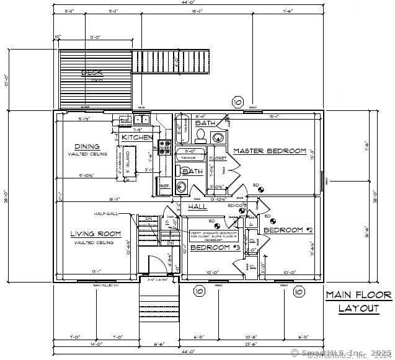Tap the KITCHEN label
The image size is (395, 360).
[x=137, y=137]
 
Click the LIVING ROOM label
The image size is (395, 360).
[x=95, y=234]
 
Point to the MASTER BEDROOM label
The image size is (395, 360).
[x=270, y=151]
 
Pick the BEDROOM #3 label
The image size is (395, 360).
[x=215, y=247]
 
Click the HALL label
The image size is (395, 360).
[x=197, y=206]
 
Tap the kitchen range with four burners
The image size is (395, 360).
[x=166, y=147]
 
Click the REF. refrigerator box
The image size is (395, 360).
[x=164, y=185]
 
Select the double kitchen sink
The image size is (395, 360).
[x=141, y=120]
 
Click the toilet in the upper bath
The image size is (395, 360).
[x=218, y=137]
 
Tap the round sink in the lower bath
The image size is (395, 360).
[x=182, y=185]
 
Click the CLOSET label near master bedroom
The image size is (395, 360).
[x=218, y=159]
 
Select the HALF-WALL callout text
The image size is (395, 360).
[x=106, y=214]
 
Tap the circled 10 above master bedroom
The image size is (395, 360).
[x=237, y=102]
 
